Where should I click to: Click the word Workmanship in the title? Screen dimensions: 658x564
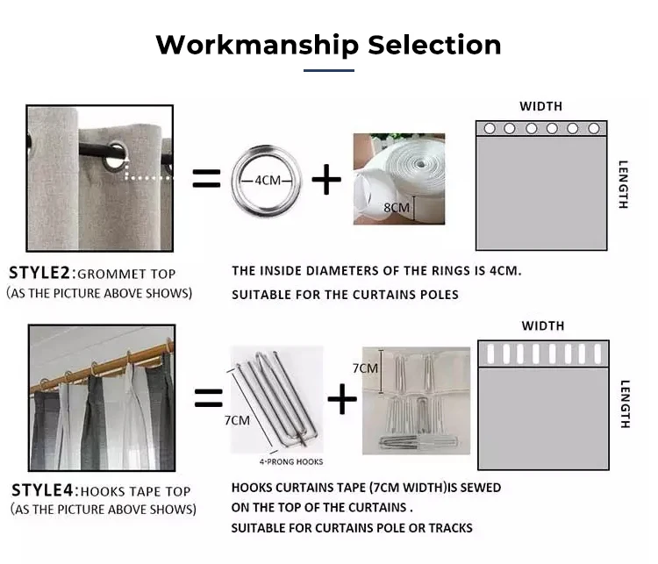tap(257, 46)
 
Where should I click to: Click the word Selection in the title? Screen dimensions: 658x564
tap(434, 45)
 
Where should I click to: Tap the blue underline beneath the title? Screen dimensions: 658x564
tap(329, 70)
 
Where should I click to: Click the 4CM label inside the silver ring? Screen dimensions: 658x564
tap(268, 181)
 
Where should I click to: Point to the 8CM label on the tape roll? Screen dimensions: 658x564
tap(397, 207)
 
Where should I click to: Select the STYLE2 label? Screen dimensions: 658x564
tap(39, 273)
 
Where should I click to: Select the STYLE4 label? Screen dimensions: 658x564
tap(42, 490)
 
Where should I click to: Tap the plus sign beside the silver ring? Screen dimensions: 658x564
tap(326, 179)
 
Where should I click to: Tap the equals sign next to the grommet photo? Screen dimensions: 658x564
tap(206, 178)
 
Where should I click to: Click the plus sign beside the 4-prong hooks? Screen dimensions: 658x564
tap(342, 398)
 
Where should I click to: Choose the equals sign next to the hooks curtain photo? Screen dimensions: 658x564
tap(209, 398)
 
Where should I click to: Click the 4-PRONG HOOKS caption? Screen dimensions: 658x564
tap(291, 462)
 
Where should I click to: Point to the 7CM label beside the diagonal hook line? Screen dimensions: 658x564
tap(237, 420)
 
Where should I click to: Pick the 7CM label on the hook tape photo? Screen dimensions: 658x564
tap(365, 368)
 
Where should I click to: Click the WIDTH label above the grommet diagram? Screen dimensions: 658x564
tap(541, 107)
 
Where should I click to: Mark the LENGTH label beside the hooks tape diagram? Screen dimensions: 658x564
tap(625, 404)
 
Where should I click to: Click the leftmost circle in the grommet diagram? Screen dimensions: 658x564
tap(490, 128)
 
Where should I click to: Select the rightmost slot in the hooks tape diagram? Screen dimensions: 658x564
tap(598, 353)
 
